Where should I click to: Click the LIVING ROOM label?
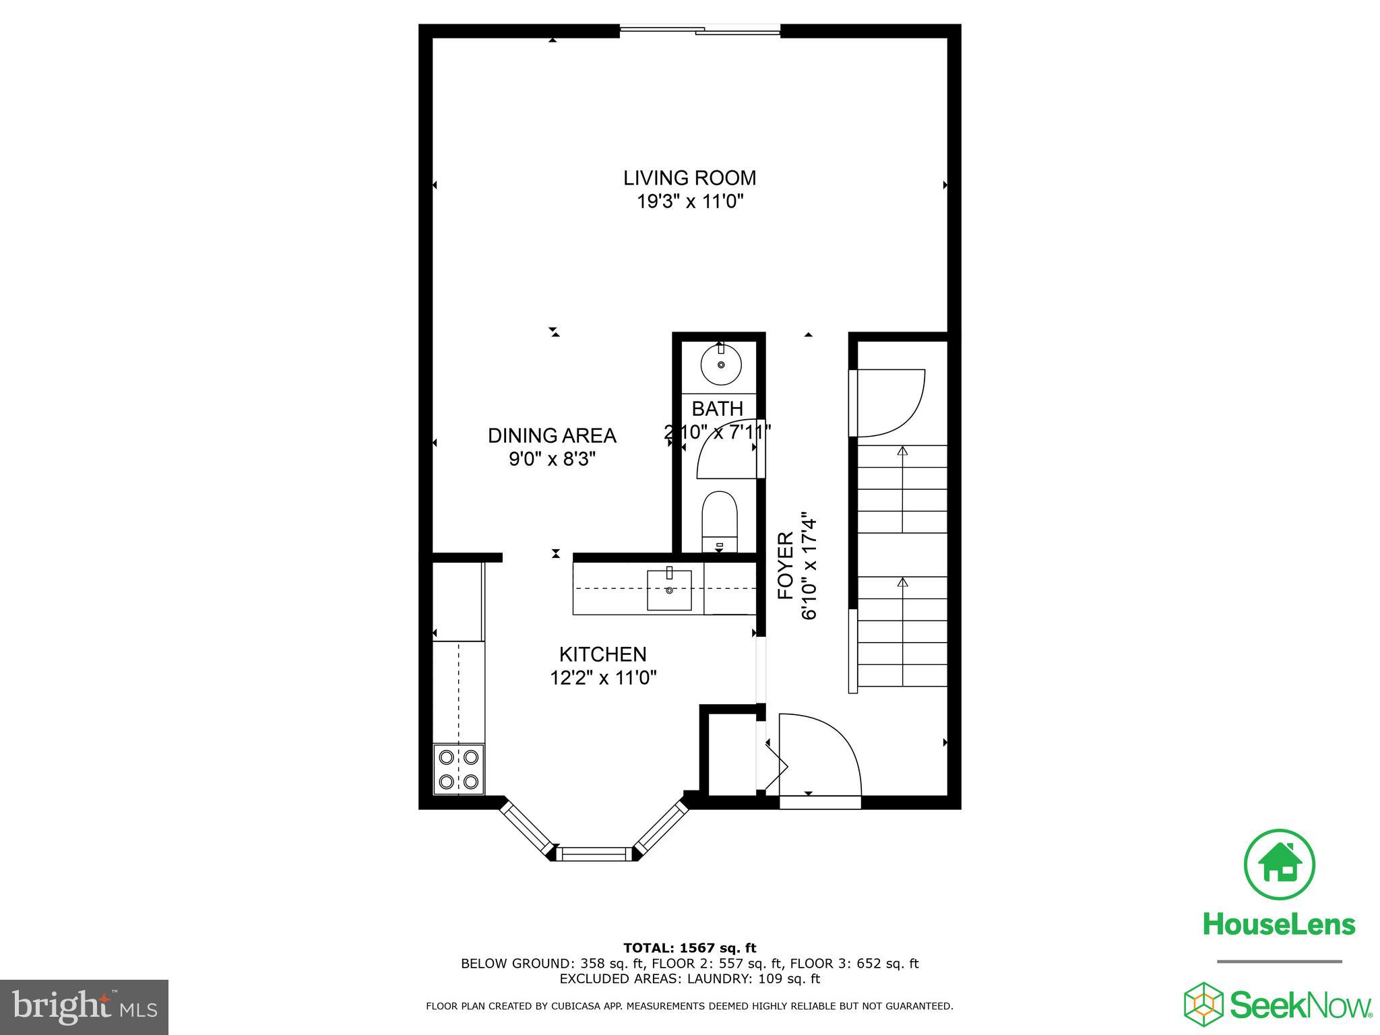coord(689,178)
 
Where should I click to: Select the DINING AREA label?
coord(552,436)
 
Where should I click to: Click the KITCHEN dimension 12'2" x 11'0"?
coord(603,677)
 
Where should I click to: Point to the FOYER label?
coord(786,566)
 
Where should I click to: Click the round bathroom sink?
coord(721,365)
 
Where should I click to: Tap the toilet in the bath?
coord(720,520)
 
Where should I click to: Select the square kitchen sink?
coord(669,590)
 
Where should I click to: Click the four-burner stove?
coord(458,769)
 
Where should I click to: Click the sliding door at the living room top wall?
coord(699,30)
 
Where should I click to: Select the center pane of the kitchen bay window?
coord(595,854)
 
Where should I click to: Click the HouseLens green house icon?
coord(1278,865)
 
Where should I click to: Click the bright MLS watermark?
coord(84,1007)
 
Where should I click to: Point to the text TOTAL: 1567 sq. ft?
coord(689,949)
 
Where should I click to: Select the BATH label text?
coord(717,408)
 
